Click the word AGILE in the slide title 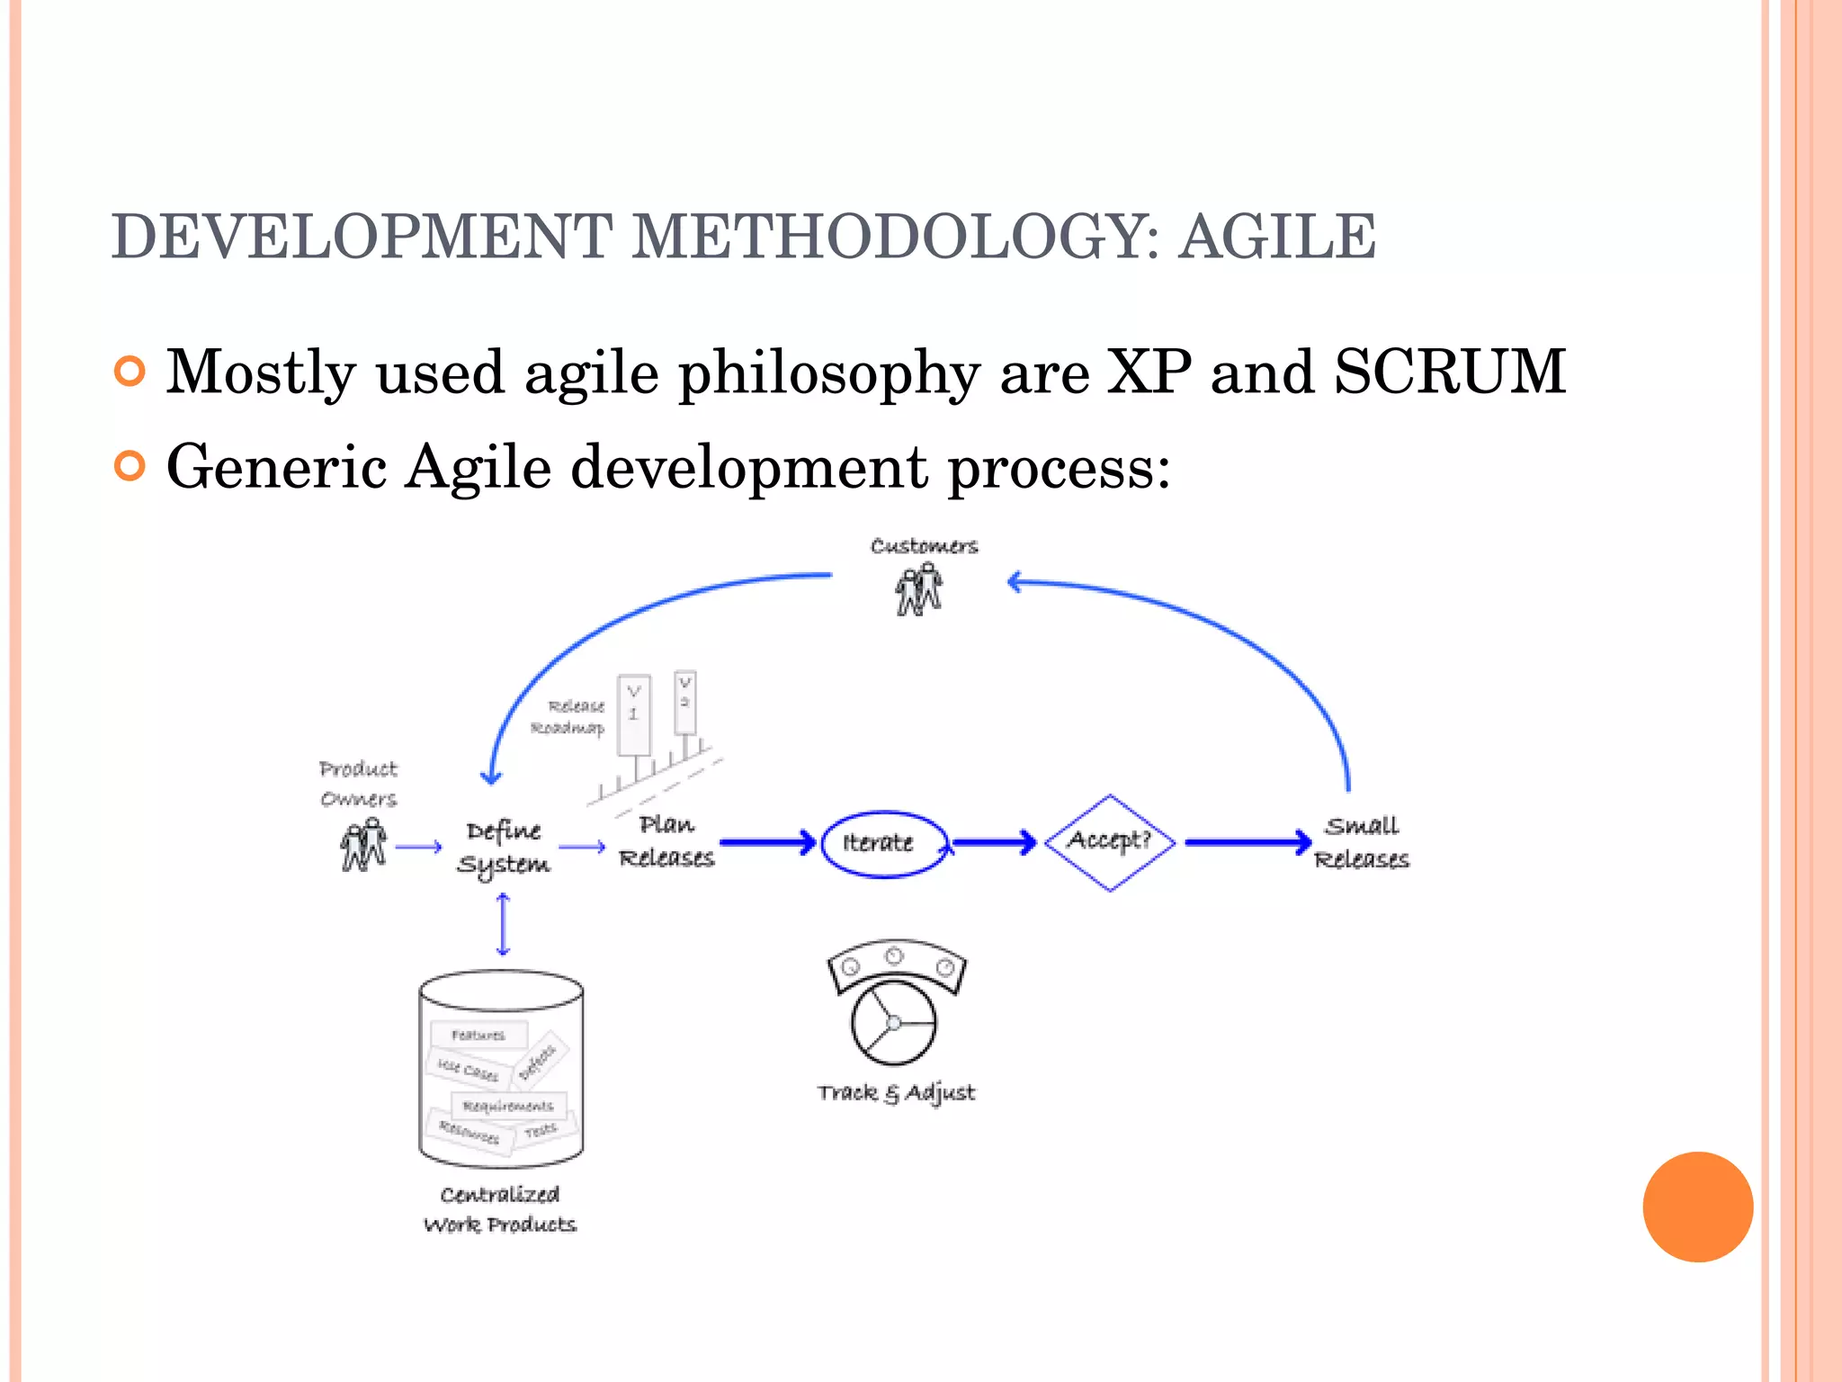tap(1276, 237)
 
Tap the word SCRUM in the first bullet tap(1449, 372)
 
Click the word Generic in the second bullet tap(276, 467)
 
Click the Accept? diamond tap(1110, 842)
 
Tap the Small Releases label tap(1362, 842)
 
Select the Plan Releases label tap(666, 841)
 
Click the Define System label tap(504, 847)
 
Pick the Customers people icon tap(918, 590)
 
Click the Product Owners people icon tap(363, 846)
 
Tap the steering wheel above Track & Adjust tap(894, 1022)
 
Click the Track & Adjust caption tap(896, 1093)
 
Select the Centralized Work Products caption tap(500, 1209)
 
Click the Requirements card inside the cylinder tap(508, 1106)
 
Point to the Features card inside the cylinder tap(478, 1036)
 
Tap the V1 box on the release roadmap tap(633, 713)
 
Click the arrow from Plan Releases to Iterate tap(767, 843)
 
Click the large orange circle tap(1697, 1207)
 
